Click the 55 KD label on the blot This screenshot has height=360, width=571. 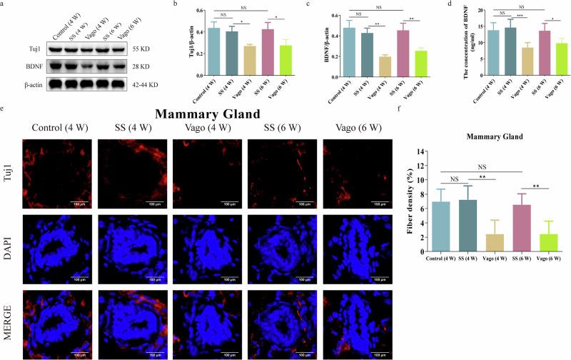tap(158, 49)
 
